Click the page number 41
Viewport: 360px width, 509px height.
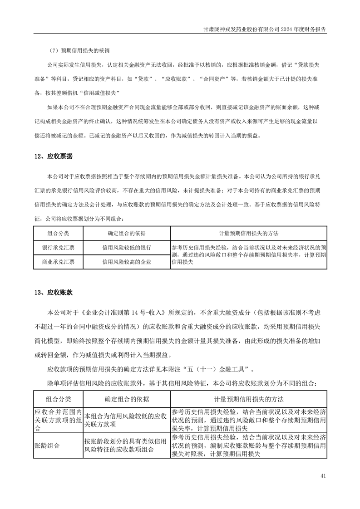pyautogui.click(x=323, y=476)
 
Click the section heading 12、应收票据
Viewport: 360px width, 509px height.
pyautogui.click(x=54, y=157)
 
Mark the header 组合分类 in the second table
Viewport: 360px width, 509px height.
pyautogui.click(x=58, y=399)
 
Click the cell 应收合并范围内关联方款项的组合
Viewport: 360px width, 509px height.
pyautogui.click(x=58, y=420)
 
